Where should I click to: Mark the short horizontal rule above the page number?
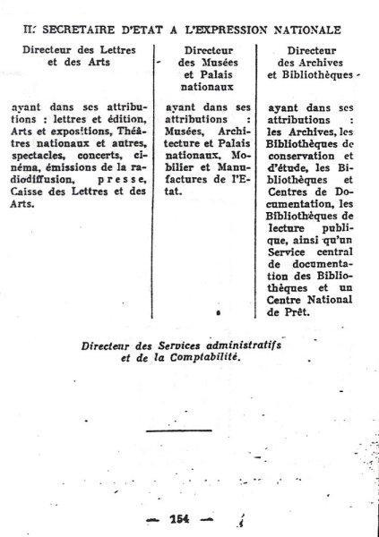pos(175,431)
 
